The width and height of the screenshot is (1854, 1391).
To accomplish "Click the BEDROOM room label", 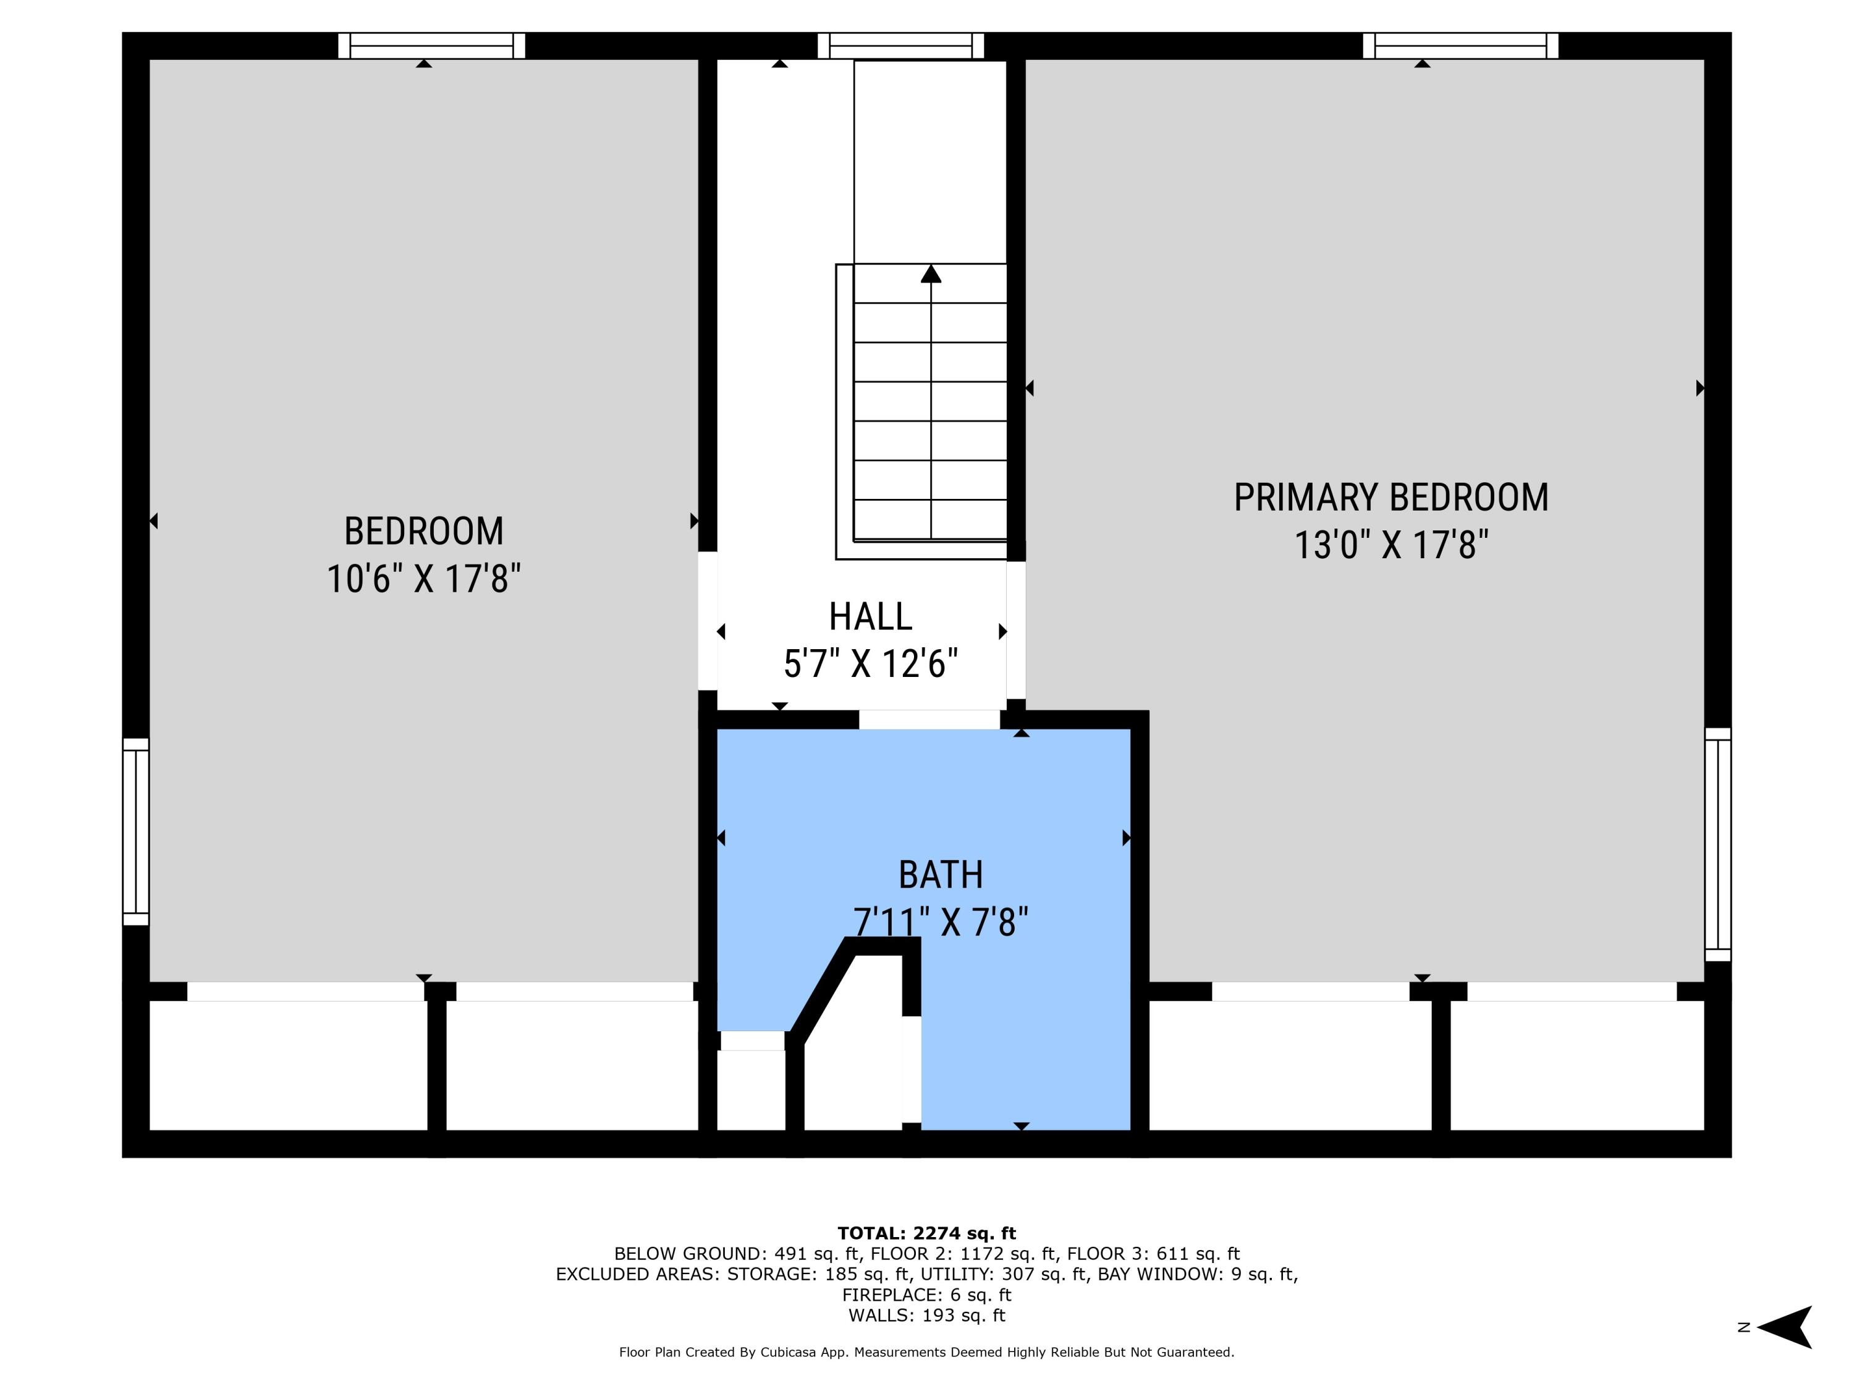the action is tap(424, 530).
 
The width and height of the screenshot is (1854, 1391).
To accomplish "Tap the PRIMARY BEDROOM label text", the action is tap(1391, 497).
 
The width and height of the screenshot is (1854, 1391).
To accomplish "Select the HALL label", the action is tap(871, 616).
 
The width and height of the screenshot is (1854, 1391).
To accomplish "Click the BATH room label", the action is tap(941, 875).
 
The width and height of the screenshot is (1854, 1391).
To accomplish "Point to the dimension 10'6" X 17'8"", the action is tap(424, 579).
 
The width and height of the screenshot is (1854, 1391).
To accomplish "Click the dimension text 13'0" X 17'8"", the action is tap(1391, 545).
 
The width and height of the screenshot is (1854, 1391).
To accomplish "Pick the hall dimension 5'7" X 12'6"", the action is tap(871, 664).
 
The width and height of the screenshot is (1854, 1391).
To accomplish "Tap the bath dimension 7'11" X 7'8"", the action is tap(941, 922).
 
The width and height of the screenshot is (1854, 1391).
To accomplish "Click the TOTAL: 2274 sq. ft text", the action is tap(927, 1233).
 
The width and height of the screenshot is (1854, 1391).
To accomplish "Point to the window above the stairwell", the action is tap(901, 46).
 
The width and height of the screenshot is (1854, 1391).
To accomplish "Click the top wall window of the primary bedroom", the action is tap(1461, 46).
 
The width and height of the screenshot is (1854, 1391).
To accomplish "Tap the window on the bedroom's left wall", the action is tap(136, 832).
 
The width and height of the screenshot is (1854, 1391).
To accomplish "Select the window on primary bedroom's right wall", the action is tap(1718, 844).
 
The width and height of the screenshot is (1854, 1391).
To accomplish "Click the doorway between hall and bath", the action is tap(929, 720).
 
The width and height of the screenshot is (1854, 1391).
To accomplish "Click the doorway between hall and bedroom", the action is tap(708, 621).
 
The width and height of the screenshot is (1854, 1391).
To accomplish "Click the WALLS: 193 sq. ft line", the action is tap(927, 1316).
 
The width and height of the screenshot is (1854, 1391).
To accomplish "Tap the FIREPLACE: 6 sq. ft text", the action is tap(927, 1295).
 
